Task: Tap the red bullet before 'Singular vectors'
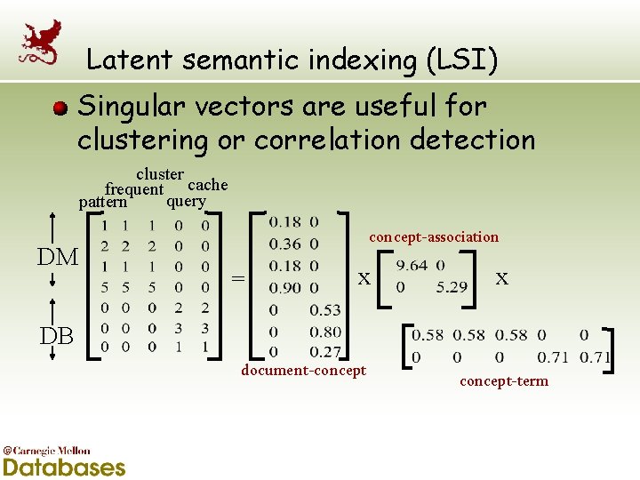[x=60, y=109]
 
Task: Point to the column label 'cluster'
[x=160, y=174]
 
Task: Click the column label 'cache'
[x=208, y=185]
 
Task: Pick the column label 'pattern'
[x=103, y=202]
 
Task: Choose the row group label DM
[x=58, y=258]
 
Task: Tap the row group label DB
[x=56, y=336]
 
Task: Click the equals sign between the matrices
[x=237, y=278]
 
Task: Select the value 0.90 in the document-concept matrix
[x=284, y=288]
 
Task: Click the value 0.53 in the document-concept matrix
[x=325, y=310]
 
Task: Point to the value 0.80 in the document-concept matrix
[x=325, y=332]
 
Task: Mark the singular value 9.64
[x=411, y=266]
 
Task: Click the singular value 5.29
[x=452, y=287]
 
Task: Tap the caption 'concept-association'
[x=434, y=236]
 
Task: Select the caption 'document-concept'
[x=303, y=370]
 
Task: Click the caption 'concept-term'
[x=504, y=380]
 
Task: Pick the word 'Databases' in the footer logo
[x=63, y=466]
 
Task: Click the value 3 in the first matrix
[x=179, y=328]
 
